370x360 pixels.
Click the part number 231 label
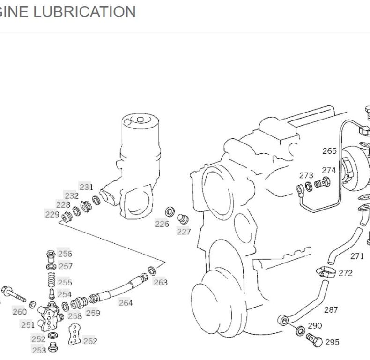[x=86, y=187]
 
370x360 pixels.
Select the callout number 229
[x=52, y=214]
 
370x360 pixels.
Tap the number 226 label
[x=162, y=224]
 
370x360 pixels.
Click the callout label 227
[x=184, y=232]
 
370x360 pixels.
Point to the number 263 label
[x=160, y=282]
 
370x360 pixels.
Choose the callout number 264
[x=126, y=303]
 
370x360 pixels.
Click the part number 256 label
[x=65, y=254]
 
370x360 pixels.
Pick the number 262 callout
[x=90, y=341]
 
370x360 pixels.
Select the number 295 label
[x=332, y=342]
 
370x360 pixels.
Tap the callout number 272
[x=345, y=273]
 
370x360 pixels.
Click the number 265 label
[x=329, y=151]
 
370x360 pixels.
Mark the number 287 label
[x=331, y=309]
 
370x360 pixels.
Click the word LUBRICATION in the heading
[x=84, y=12]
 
